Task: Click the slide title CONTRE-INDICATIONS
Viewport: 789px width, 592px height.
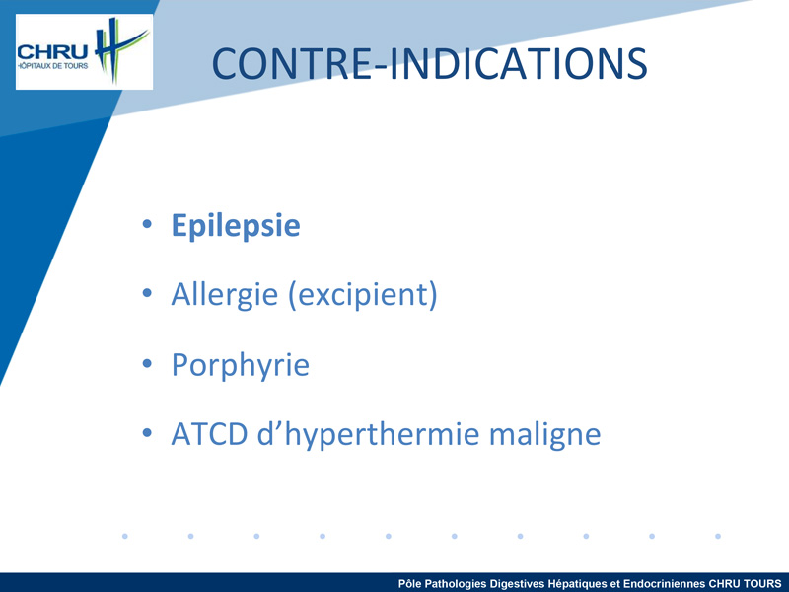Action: coord(429,64)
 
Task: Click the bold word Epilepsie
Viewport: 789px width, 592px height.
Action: coord(236,226)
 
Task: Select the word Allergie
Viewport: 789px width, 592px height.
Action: coord(225,295)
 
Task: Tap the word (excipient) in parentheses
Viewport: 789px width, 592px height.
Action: coord(362,295)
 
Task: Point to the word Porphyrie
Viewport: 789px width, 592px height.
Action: coord(241,365)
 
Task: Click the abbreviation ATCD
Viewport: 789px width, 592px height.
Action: coord(209,434)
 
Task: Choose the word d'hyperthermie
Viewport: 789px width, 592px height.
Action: coord(368,434)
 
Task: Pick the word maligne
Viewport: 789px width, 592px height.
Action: coord(545,435)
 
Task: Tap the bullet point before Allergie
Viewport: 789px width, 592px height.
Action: coord(147,292)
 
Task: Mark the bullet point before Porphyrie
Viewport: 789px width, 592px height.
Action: coord(147,362)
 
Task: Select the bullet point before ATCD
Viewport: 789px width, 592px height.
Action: coord(147,432)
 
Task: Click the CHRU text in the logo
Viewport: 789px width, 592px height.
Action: coord(52,52)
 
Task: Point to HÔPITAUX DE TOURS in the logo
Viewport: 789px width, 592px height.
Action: coord(53,66)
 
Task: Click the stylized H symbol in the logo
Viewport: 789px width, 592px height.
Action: coord(118,49)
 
